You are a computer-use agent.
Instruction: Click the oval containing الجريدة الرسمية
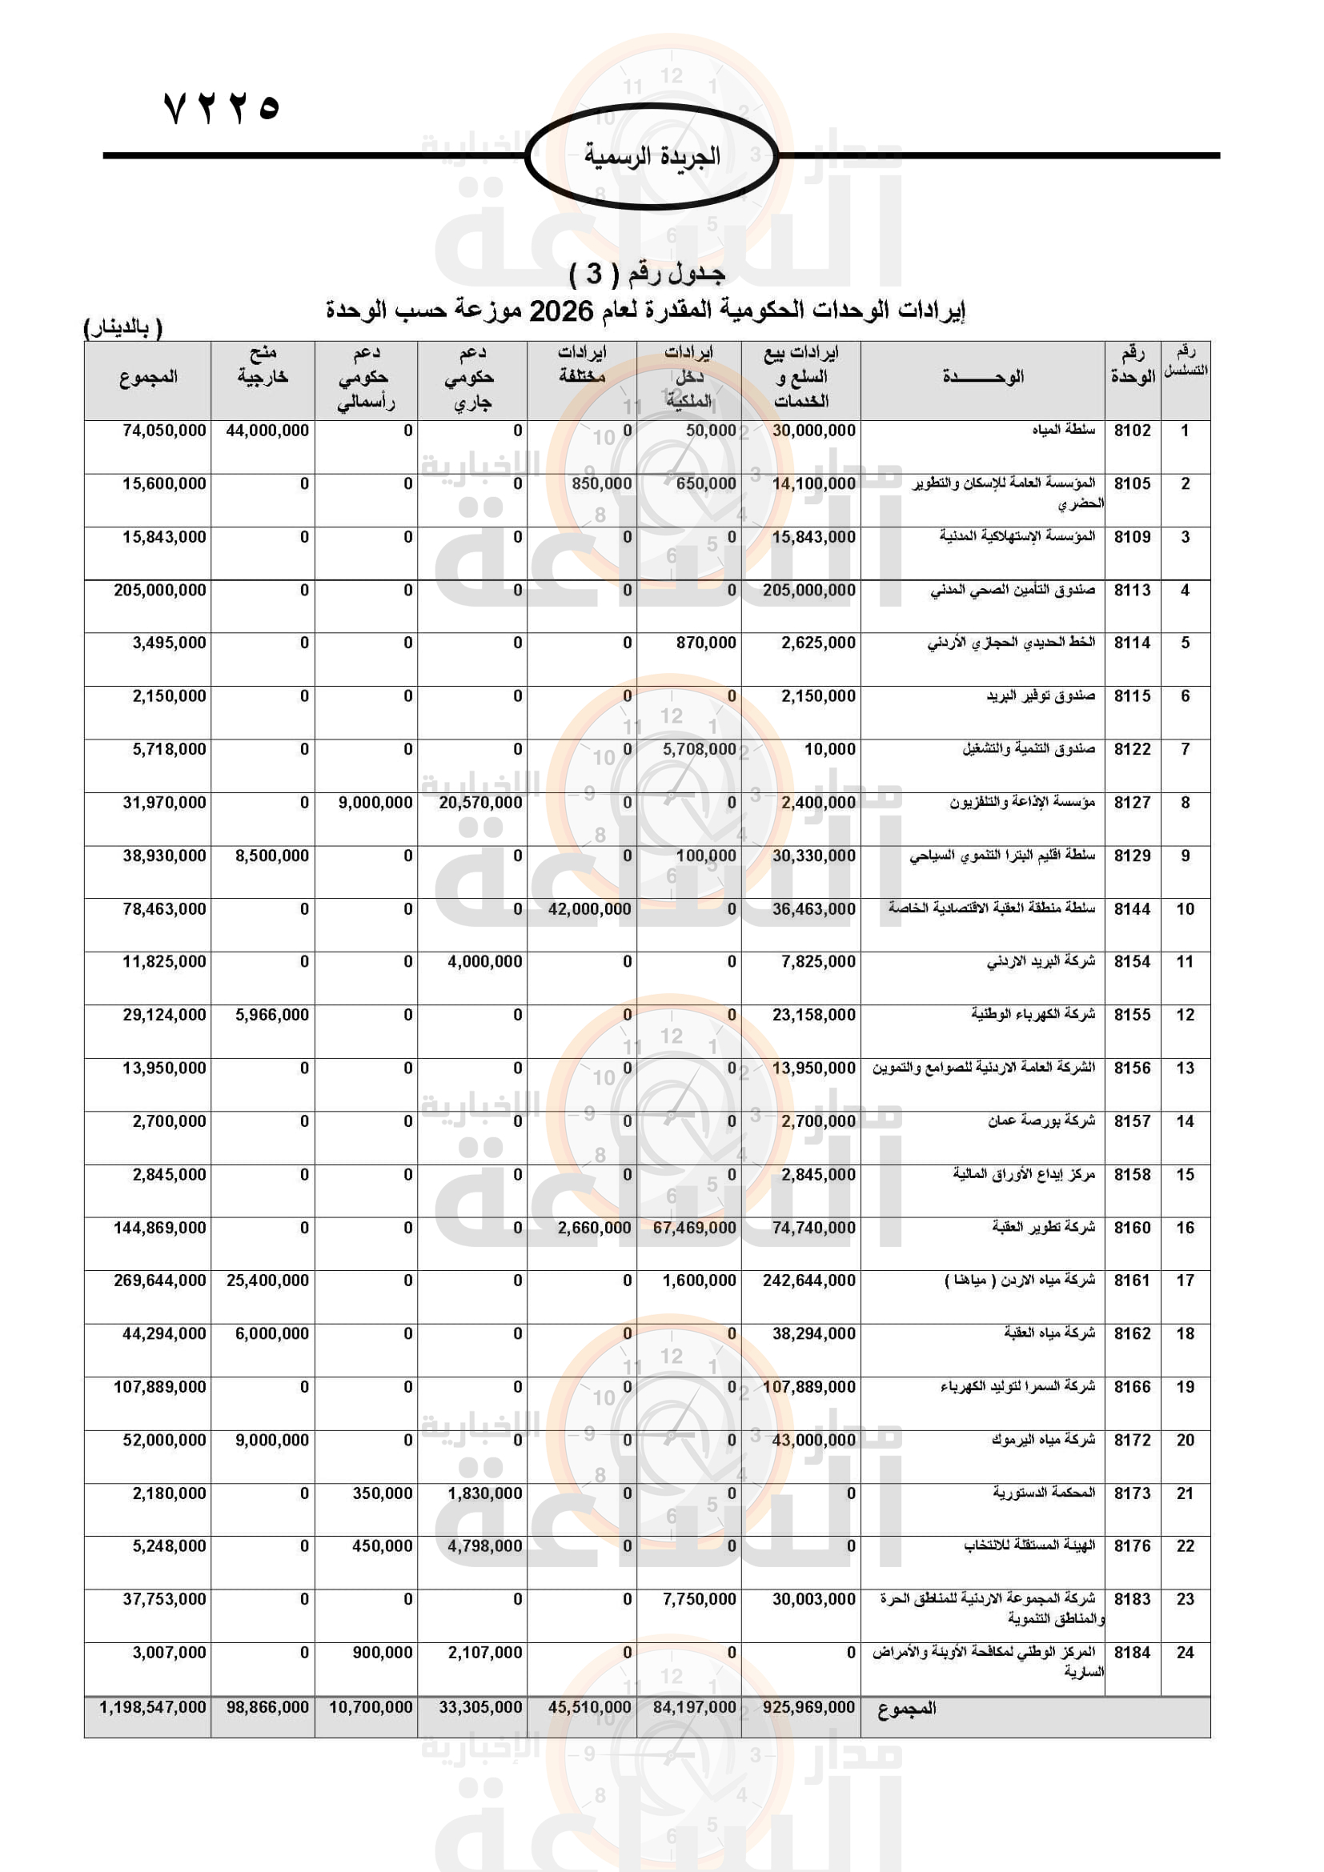[x=652, y=155]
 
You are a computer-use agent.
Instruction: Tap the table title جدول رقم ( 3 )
[x=647, y=274]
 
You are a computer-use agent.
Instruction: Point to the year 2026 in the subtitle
[x=561, y=311]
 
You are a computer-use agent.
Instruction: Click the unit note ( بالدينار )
[x=123, y=328]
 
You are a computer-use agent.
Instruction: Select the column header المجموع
[x=147, y=378]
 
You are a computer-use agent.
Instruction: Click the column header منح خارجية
[x=263, y=364]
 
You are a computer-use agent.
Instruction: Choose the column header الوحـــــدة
[x=982, y=378]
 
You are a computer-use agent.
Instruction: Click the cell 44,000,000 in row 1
[x=267, y=431]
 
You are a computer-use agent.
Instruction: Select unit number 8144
[x=1132, y=909]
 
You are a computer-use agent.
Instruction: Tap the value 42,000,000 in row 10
[x=589, y=909]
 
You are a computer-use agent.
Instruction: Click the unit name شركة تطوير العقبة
[x=1043, y=1227]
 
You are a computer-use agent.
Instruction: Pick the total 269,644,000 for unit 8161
[x=160, y=1281]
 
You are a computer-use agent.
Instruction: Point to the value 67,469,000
[x=694, y=1228]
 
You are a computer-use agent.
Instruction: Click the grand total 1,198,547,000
[x=152, y=1707]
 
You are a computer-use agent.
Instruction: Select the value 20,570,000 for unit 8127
[x=480, y=803]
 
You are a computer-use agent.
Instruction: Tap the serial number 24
[x=1185, y=1653]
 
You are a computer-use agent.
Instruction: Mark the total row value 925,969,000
[x=808, y=1707]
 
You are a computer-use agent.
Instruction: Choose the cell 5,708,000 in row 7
[x=699, y=749]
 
